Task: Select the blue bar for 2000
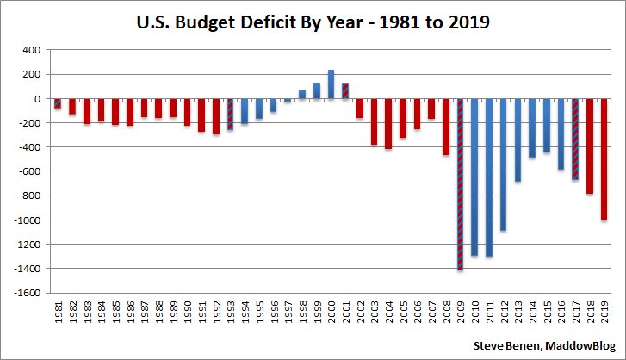[x=331, y=84]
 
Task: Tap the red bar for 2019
[x=604, y=159]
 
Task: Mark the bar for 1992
[x=215, y=116]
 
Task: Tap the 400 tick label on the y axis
[x=31, y=50]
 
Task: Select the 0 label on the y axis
[x=37, y=99]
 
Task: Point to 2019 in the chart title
[x=467, y=23]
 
